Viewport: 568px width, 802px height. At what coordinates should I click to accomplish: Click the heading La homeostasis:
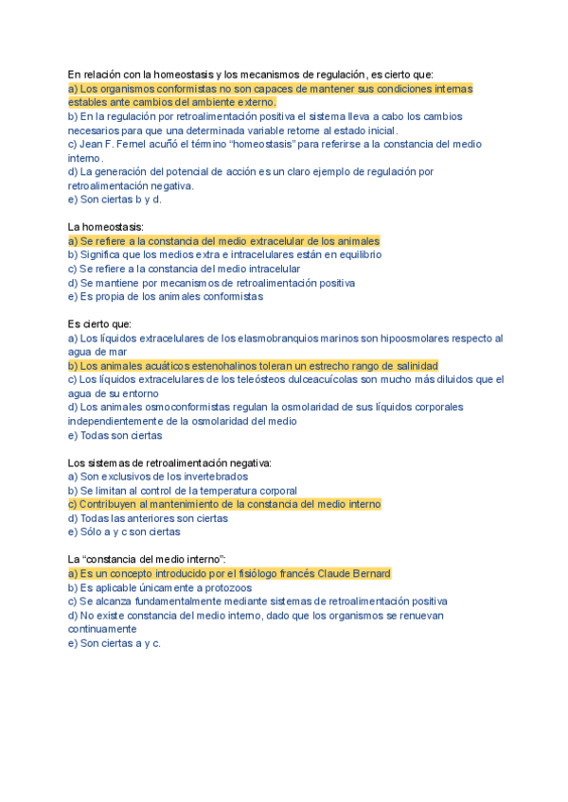106,227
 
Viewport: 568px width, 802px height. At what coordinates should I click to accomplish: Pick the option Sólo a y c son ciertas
124,532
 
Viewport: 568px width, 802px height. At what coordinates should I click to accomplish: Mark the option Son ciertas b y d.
115,200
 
